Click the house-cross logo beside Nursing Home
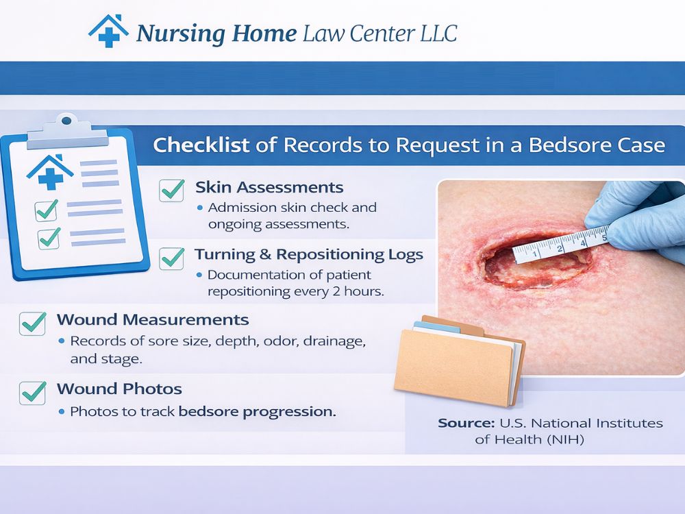[x=108, y=32]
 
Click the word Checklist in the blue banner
[x=191, y=145]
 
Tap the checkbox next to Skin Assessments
[x=171, y=190]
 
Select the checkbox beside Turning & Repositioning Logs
[x=171, y=258]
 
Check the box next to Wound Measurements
[x=33, y=323]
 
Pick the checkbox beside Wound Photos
[x=33, y=391]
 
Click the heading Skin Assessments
[x=269, y=187]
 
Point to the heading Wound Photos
[x=119, y=389]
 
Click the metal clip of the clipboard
[x=65, y=130]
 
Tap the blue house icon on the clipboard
[x=50, y=171]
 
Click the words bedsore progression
[x=257, y=412]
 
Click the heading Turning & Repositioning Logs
[x=308, y=255]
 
